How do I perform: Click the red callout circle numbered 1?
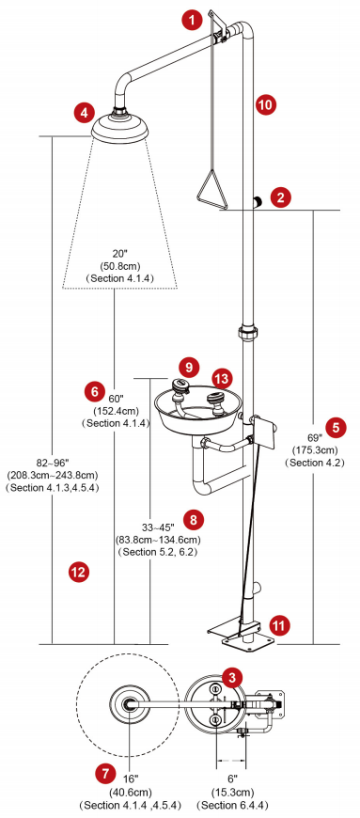192,21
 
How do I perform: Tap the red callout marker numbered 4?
85,112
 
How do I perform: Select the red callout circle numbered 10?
266,103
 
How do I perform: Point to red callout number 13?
223,379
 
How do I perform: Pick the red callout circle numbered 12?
79,572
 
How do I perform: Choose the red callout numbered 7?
106,773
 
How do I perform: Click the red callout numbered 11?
280,624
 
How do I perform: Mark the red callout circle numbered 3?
232,677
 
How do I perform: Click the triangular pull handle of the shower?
211,190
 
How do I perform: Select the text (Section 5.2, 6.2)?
159,551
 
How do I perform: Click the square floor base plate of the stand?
247,640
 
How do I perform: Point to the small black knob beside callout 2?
258,201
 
